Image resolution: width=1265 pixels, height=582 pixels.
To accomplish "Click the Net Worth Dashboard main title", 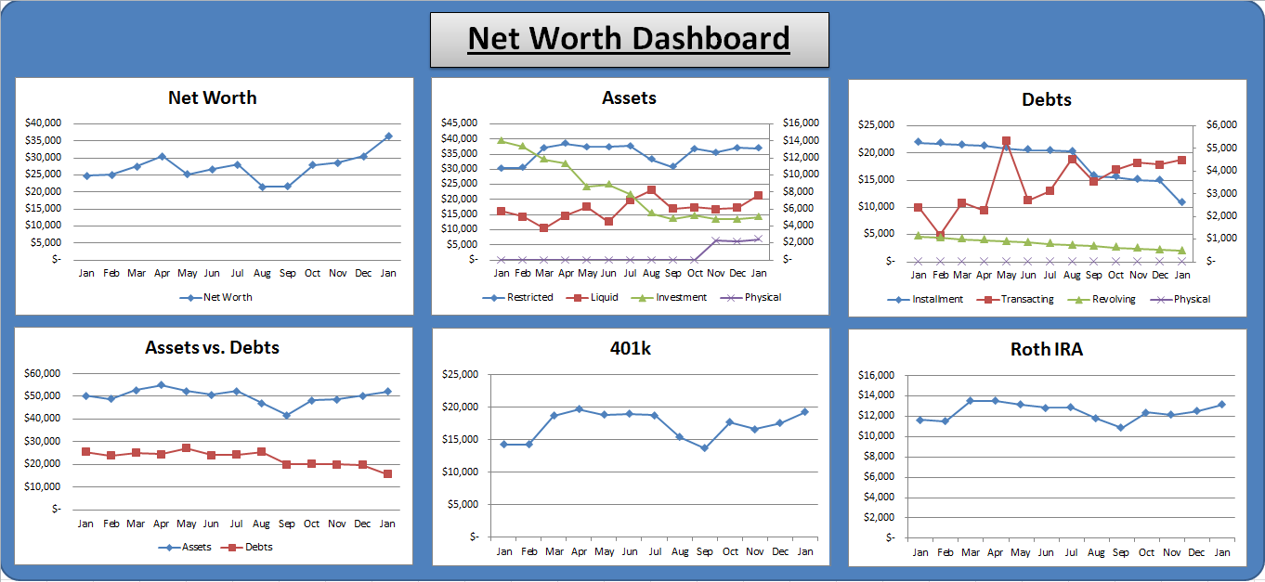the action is click(x=629, y=38).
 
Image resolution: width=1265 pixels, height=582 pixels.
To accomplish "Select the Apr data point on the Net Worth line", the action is click(x=162, y=156).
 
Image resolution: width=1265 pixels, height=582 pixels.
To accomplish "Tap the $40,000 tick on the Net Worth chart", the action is click(x=43, y=123).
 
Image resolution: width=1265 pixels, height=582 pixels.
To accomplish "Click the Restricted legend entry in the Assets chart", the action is click(x=518, y=297).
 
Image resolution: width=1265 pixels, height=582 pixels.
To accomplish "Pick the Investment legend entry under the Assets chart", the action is click(x=669, y=297).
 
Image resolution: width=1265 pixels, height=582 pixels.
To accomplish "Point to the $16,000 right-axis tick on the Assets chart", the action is click(x=801, y=123).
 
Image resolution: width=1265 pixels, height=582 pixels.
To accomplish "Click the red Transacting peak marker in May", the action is click(x=1007, y=141).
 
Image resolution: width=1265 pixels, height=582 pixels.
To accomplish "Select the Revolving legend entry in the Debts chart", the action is click(x=1102, y=299).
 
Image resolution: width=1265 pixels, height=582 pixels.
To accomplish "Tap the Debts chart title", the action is click(x=1047, y=100).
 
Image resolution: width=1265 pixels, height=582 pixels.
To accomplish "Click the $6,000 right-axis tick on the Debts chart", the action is click(x=1221, y=124).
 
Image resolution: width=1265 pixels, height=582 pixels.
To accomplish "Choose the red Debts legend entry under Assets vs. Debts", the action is click(x=247, y=547).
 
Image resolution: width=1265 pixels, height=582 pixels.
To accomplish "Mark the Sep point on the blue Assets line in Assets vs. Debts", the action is click(x=286, y=416).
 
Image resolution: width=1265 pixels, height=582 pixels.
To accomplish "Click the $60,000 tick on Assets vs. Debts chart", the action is click(x=43, y=373).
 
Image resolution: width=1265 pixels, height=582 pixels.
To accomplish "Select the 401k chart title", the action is click(x=631, y=348).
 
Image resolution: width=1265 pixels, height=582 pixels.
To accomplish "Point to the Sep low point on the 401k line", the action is click(x=704, y=448).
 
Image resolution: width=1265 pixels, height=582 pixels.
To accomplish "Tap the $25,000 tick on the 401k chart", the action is click(x=461, y=374).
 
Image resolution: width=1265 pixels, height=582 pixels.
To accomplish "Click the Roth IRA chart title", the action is click(x=1047, y=349).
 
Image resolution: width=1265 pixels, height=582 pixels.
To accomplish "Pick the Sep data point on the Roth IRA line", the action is click(x=1121, y=428).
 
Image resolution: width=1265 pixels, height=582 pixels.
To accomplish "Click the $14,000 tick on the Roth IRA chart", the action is click(x=876, y=395).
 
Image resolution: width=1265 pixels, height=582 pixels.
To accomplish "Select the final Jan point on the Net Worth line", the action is click(x=388, y=136).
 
